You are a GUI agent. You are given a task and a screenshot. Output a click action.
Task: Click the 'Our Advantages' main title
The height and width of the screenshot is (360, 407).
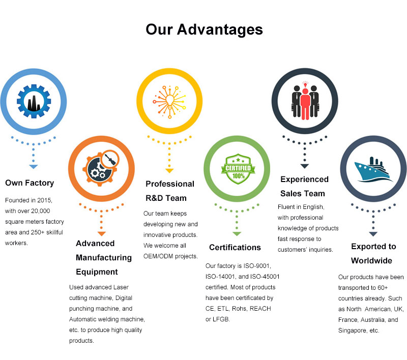(x=204, y=29)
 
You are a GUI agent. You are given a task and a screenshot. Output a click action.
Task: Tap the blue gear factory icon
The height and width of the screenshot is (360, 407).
(x=34, y=101)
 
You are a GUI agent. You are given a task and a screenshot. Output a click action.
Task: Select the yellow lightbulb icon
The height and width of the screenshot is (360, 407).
(x=169, y=102)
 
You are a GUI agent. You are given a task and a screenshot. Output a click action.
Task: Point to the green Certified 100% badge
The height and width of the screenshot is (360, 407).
(x=238, y=169)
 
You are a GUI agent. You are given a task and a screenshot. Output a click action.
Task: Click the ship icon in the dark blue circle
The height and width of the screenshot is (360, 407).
(x=373, y=169)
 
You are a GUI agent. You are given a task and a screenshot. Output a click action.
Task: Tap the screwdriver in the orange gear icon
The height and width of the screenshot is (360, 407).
(x=110, y=159)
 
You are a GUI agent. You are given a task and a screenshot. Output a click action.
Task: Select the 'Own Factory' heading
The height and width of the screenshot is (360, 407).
(x=30, y=183)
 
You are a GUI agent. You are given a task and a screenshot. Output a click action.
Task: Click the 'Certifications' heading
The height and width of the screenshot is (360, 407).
(x=235, y=248)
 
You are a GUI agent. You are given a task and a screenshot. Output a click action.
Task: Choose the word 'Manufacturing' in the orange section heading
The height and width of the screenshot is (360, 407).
(x=104, y=258)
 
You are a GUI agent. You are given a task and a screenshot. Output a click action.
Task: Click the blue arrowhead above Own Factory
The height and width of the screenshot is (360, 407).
(x=34, y=167)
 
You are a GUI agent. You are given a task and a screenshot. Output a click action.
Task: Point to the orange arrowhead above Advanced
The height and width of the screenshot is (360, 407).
(x=101, y=234)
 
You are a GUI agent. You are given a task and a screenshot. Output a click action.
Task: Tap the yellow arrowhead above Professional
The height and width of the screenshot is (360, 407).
(x=169, y=171)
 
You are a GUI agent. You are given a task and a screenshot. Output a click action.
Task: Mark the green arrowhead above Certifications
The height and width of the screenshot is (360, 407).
(x=237, y=234)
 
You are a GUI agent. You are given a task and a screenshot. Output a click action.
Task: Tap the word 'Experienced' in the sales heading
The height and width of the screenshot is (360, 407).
(x=304, y=179)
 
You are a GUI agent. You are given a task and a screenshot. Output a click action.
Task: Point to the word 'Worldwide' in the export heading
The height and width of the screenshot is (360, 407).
(x=371, y=260)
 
